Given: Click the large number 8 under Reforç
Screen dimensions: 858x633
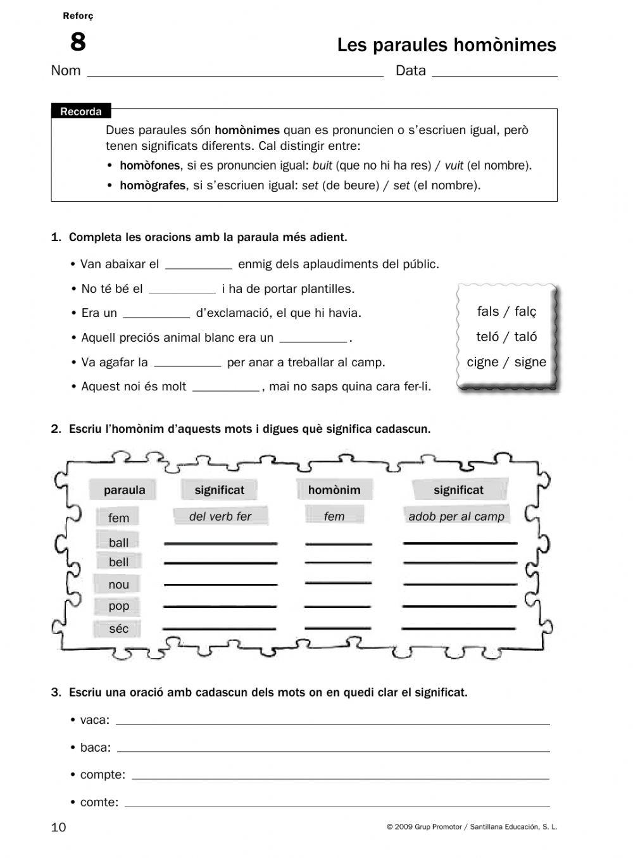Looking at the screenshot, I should (x=77, y=42).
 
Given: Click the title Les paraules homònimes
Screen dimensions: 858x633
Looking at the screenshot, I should (x=446, y=45).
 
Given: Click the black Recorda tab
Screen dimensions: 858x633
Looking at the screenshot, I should (x=81, y=111).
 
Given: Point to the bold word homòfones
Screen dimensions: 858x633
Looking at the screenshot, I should (x=150, y=166).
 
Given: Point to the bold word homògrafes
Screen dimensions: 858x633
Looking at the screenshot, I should (x=153, y=185).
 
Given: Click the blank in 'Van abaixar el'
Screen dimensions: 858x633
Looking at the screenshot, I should (x=199, y=265).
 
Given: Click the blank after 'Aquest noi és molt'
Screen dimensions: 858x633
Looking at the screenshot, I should (x=225, y=387).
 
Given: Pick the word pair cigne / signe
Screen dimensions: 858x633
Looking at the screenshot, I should (x=506, y=362).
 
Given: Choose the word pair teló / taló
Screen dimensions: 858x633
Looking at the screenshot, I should (x=506, y=337).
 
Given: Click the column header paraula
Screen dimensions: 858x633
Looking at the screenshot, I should (x=124, y=490).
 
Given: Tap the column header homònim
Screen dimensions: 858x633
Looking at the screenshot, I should (x=334, y=490).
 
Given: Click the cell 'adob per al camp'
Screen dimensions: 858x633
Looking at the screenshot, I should (x=456, y=516).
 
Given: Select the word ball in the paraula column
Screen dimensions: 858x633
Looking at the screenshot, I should (x=118, y=542).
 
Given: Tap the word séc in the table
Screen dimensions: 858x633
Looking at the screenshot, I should (x=118, y=628).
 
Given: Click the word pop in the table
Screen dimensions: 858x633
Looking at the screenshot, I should (x=118, y=606).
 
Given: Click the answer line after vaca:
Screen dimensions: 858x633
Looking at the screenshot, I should (x=332, y=721).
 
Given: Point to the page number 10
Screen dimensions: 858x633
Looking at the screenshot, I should (x=58, y=827).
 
